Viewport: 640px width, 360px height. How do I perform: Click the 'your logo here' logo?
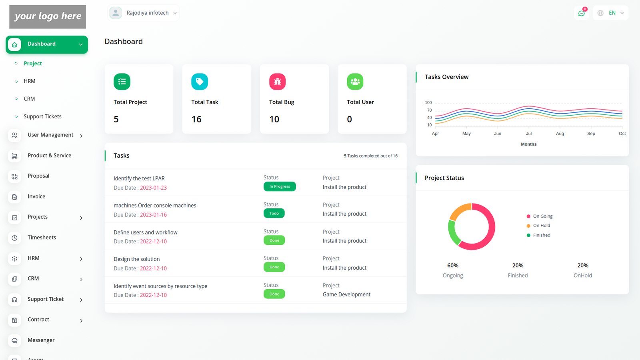click(x=48, y=17)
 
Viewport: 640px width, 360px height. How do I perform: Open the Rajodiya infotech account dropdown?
click(x=143, y=13)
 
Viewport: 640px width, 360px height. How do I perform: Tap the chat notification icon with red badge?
click(x=581, y=13)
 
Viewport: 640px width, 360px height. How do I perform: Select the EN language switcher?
click(x=611, y=13)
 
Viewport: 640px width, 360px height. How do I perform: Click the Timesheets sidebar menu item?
click(x=42, y=238)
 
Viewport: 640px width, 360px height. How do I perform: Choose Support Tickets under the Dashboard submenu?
click(x=42, y=116)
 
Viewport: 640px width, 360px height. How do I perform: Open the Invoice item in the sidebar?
click(x=36, y=196)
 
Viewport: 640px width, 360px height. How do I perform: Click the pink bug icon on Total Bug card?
click(x=277, y=82)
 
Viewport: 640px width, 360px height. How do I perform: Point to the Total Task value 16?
click(x=196, y=119)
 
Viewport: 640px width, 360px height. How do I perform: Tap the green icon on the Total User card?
click(x=355, y=82)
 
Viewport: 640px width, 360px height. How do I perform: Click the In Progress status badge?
click(x=280, y=186)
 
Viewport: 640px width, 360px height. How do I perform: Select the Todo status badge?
click(x=274, y=213)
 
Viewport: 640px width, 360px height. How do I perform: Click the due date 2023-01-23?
click(x=153, y=188)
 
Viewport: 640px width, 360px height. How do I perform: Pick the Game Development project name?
click(x=346, y=294)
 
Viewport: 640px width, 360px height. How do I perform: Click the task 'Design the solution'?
click(x=136, y=259)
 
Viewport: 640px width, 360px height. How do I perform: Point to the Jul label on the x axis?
click(x=529, y=134)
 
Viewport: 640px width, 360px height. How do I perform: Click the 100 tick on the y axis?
click(x=428, y=103)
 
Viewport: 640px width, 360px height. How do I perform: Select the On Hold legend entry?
click(x=541, y=226)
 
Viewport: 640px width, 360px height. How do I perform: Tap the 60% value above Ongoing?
click(x=453, y=266)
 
